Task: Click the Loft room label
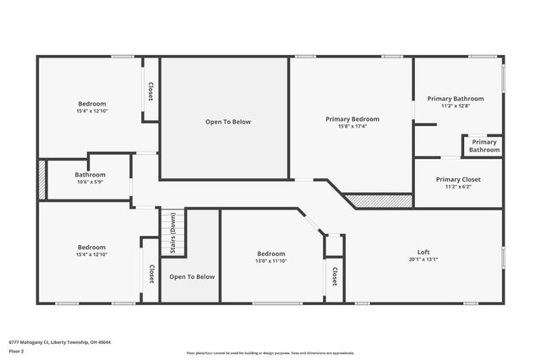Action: (423, 253)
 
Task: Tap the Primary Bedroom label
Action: (352, 119)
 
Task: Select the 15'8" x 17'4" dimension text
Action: (352, 127)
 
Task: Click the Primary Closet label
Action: (458, 179)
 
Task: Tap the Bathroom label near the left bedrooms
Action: (90, 174)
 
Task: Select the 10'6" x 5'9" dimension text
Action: (90, 182)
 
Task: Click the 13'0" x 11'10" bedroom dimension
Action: (271, 261)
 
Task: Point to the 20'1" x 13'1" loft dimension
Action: (423, 260)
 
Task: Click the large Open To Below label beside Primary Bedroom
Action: (227, 122)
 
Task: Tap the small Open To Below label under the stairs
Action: (192, 276)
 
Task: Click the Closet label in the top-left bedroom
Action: (150, 91)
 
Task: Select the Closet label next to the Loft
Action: (335, 276)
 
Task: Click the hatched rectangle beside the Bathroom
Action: (41, 179)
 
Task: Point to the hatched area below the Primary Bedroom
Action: (379, 201)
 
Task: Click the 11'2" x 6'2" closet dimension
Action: (458, 187)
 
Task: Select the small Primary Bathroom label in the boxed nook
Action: (484, 146)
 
